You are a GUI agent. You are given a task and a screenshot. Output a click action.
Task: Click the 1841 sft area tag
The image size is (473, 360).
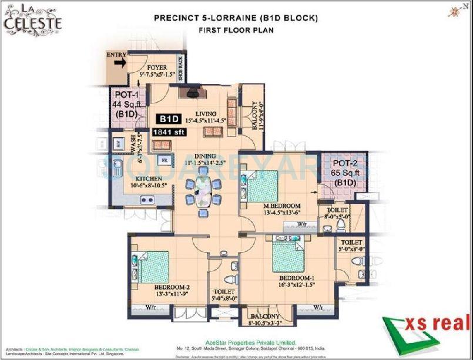tap(169, 133)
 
